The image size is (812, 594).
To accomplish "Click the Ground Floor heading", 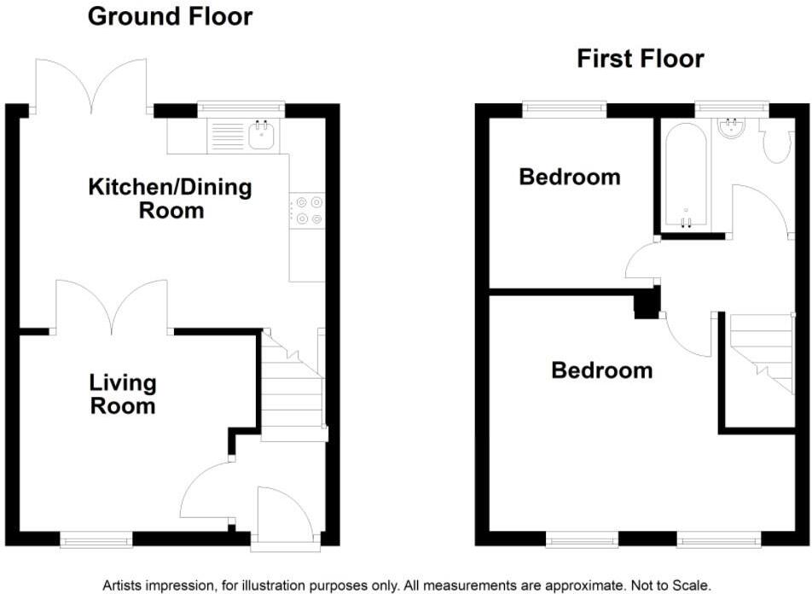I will pos(171,16).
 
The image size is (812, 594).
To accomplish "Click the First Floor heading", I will pos(640,59).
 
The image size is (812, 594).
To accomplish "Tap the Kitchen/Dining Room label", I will pos(171,198).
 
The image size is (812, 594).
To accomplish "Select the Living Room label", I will pos(124,393).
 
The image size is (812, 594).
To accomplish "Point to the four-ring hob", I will pos(307,211).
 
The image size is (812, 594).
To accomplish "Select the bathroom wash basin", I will pos(732,130).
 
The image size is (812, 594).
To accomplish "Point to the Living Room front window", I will pos(96,539).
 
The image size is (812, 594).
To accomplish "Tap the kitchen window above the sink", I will pos(241,108).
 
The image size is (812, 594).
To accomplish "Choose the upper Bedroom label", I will pos(569,178).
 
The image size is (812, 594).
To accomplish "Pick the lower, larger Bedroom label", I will pos(601,370).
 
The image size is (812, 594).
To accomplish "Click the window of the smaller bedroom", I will pos(565,108).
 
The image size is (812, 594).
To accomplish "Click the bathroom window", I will pos(731,108).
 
